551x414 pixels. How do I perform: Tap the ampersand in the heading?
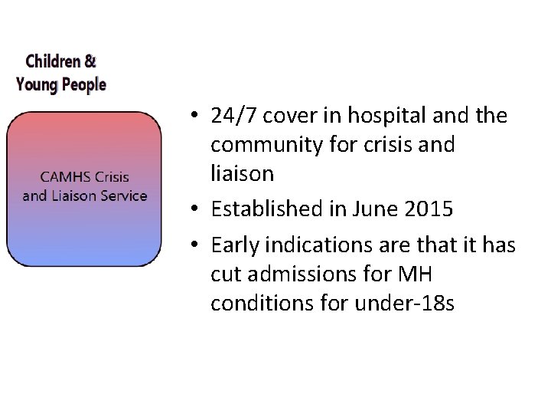coord(90,60)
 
